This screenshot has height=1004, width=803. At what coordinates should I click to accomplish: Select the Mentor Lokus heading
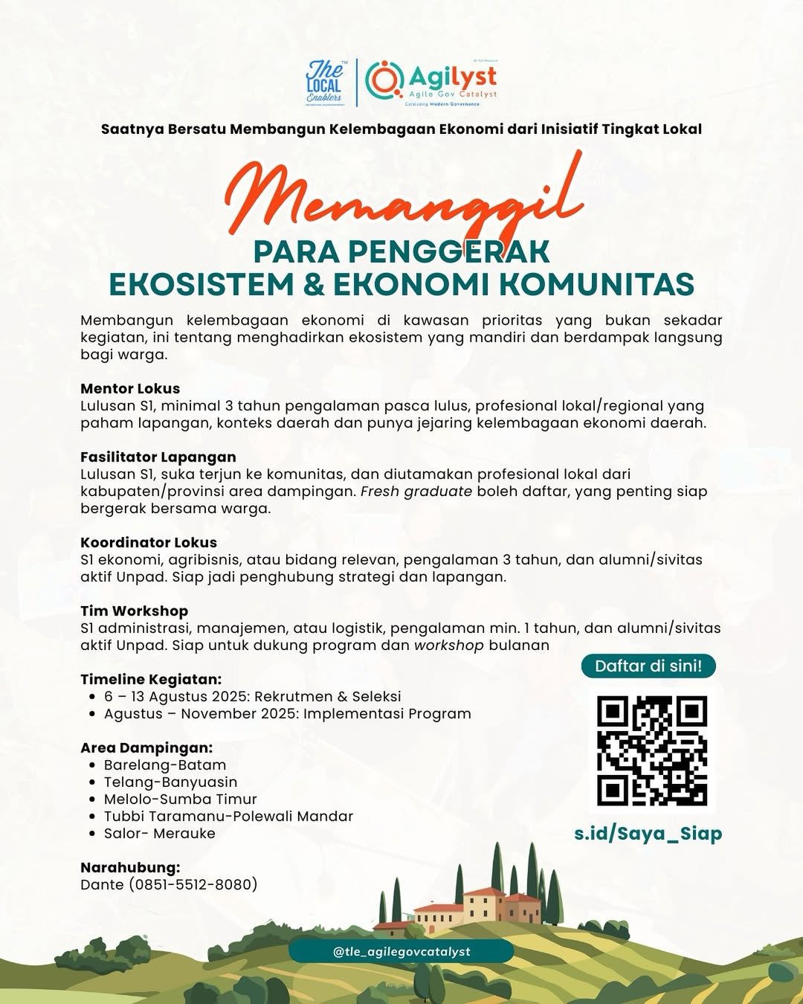(130, 388)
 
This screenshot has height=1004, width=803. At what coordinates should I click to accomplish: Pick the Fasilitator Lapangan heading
(158, 457)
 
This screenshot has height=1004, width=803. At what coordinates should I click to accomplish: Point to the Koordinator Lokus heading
(149, 542)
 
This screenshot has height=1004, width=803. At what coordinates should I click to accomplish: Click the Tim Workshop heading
(135, 611)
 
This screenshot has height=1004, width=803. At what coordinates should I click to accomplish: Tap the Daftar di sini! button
(648, 666)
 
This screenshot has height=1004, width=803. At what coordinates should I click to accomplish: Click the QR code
(652, 751)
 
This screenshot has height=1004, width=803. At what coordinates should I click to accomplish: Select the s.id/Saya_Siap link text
(648, 833)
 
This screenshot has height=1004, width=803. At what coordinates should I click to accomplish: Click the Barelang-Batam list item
(165, 765)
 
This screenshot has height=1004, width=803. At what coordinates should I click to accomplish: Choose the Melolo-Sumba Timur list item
(181, 799)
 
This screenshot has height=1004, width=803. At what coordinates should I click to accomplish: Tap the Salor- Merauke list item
(160, 833)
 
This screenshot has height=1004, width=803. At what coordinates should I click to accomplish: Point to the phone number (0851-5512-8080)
(193, 884)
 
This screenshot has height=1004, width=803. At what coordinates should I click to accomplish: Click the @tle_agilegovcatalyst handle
(401, 951)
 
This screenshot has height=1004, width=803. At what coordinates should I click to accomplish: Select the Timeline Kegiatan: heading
(151, 679)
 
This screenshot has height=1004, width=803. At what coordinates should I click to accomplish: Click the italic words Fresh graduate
(416, 491)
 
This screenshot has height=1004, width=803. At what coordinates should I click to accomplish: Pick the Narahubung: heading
(130, 867)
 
